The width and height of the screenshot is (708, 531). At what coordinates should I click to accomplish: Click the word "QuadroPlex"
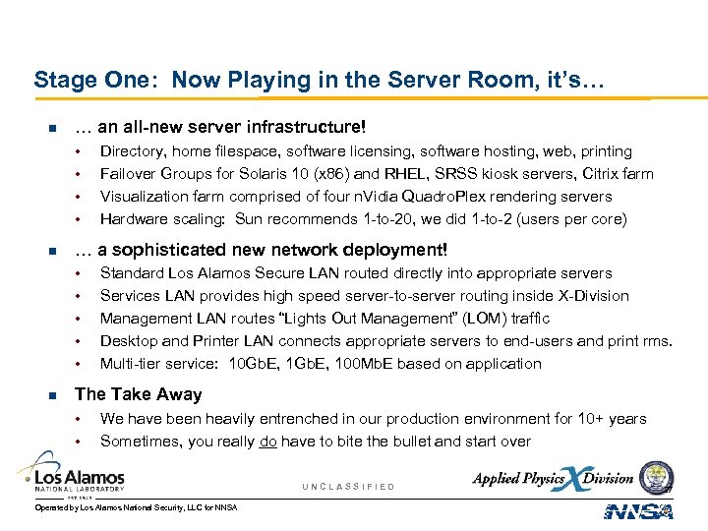(x=460, y=197)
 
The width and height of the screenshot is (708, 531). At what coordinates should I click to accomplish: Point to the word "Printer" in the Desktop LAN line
(x=221, y=341)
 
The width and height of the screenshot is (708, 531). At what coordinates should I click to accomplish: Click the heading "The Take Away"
(x=138, y=394)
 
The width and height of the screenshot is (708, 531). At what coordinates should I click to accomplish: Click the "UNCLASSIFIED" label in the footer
(x=349, y=487)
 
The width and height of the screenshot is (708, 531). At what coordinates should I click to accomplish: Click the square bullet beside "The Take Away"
(x=53, y=394)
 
